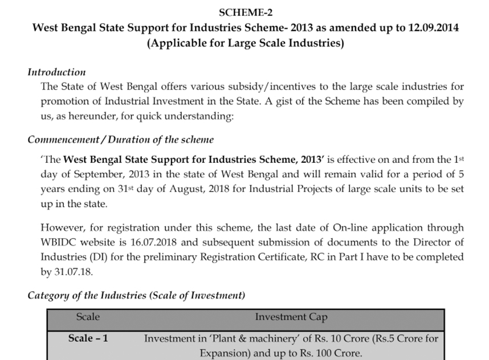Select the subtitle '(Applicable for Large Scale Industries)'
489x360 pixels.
pos(245,43)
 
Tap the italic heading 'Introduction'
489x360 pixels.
pos(56,72)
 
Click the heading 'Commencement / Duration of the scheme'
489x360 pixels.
pos(121,140)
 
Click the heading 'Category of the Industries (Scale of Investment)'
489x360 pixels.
pos(136,296)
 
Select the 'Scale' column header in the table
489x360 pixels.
pos(88,317)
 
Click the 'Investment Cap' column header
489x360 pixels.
pos(291,317)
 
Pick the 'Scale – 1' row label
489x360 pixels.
pos(88,338)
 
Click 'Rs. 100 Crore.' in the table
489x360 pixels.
pos(332,353)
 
